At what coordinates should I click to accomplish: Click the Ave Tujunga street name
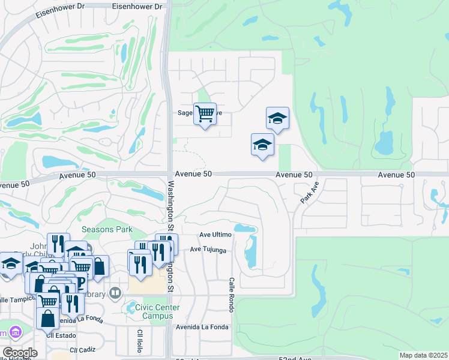click(x=208, y=249)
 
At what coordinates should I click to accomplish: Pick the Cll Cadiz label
click(x=82, y=349)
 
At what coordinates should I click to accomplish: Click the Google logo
click(x=20, y=353)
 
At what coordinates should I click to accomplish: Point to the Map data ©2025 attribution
click(x=423, y=355)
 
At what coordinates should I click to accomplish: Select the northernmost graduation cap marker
click(x=277, y=118)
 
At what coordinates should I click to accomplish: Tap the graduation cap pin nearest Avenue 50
click(x=262, y=145)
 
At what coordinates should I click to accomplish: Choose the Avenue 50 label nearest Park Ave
click(x=294, y=175)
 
